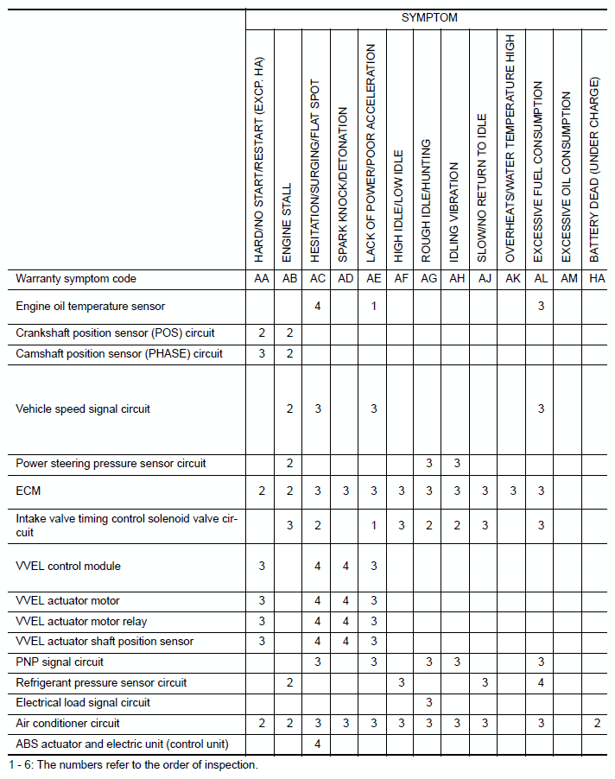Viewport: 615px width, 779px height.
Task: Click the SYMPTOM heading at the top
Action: [x=429, y=17]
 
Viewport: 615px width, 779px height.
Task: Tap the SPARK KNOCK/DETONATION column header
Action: [x=344, y=185]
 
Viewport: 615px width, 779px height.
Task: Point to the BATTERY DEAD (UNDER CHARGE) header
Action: [x=595, y=170]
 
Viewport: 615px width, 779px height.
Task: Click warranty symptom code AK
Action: [x=513, y=279]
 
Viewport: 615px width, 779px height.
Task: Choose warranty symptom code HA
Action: [x=596, y=279]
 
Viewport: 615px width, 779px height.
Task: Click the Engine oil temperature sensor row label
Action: [x=90, y=306]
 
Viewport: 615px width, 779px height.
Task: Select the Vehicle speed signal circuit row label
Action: [x=83, y=408]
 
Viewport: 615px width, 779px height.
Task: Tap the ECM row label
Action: [x=29, y=491]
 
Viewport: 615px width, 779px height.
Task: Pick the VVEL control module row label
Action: [x=68, y=567]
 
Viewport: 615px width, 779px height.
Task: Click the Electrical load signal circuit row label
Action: [x=83, y=703]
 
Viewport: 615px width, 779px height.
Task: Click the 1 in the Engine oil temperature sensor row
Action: [x=374, y=306]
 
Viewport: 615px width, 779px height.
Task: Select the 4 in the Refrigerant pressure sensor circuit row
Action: [x=542, y=682]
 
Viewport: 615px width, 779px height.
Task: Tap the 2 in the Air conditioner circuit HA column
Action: [x=596, y=723]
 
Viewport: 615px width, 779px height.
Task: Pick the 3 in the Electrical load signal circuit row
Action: [x=429, y=703]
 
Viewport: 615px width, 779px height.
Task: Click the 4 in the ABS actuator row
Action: [x=318, y=744]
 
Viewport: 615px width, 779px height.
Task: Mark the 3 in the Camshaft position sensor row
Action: [x=262, y=353]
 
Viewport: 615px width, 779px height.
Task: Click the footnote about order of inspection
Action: [x=134, y=765]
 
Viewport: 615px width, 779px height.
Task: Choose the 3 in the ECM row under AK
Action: [x=513, y=491]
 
